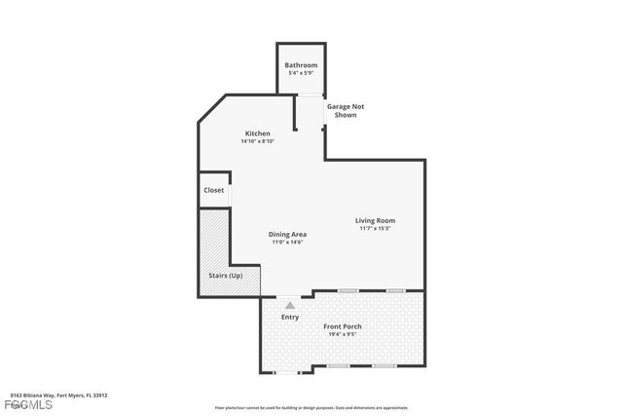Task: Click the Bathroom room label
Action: tap(301, 66)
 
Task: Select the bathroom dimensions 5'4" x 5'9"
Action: tap(301, 74)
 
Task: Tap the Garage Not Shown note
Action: tap(345, 110)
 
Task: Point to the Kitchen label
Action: tap(257, 133)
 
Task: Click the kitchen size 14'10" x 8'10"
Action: tap(257, 141)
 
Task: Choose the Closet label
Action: tap(214, 190)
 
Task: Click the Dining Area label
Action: tap(288, 234)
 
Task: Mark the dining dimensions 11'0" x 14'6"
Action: tap(288, 242)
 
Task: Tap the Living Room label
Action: tap(375, 220)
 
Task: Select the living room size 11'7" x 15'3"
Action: tap(375, 228)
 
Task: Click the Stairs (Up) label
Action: tap(226, 276)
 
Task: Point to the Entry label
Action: tap(290, 317)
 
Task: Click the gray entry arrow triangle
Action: tap(290, 305)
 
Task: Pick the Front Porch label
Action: tap(343, 325)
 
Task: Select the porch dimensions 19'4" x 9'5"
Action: tap(343, 333)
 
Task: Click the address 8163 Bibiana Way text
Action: tap(58, 396)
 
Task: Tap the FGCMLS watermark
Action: tap(26, 404)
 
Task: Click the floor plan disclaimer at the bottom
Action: tap(311, 407)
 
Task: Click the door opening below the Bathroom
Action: tap(310, 94)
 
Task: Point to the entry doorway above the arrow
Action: tap(290, 295)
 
